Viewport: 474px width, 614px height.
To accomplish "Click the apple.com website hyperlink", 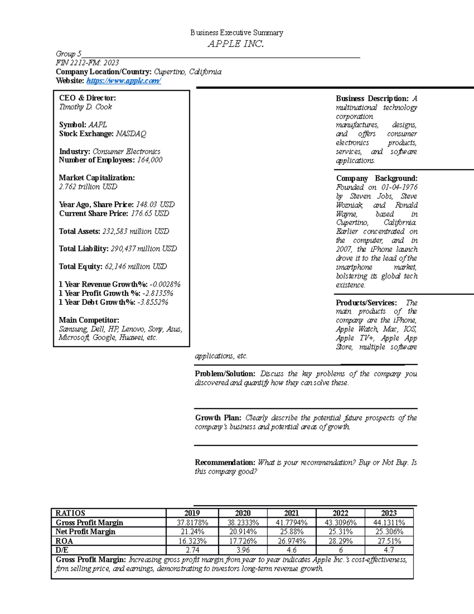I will click(x=123, y=81).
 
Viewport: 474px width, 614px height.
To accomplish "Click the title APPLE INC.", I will click(x=236, y=44).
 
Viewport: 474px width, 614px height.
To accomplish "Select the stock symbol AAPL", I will click(x=98, y=125).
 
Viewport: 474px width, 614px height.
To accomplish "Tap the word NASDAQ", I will click(x=131, y=134).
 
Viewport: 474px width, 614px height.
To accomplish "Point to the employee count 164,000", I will click(x=150, y=160).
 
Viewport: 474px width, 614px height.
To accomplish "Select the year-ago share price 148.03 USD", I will click(x=155, y=204).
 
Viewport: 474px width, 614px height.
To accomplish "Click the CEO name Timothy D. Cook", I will click(x=86, y=107).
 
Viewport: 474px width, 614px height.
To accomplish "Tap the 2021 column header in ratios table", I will click(x=292, y=513).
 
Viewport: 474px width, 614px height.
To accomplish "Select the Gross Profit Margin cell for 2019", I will click(x=192, y=523).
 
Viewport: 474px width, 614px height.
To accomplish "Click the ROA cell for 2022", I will click(x=340, y=541).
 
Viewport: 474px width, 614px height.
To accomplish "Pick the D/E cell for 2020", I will click(x=243, y=550).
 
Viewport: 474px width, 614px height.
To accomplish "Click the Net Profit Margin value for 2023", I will click(x=389, y=532).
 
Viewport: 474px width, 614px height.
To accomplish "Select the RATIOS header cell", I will click(x=70, y=513).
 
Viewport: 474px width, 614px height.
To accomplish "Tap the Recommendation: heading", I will click(x=225, y=463).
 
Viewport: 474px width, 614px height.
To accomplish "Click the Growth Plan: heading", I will click(x=218, y=418).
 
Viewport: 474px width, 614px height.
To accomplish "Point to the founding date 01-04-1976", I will click(x=399, y=187).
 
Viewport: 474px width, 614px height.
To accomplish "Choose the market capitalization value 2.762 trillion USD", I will click(x=88, y=187).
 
